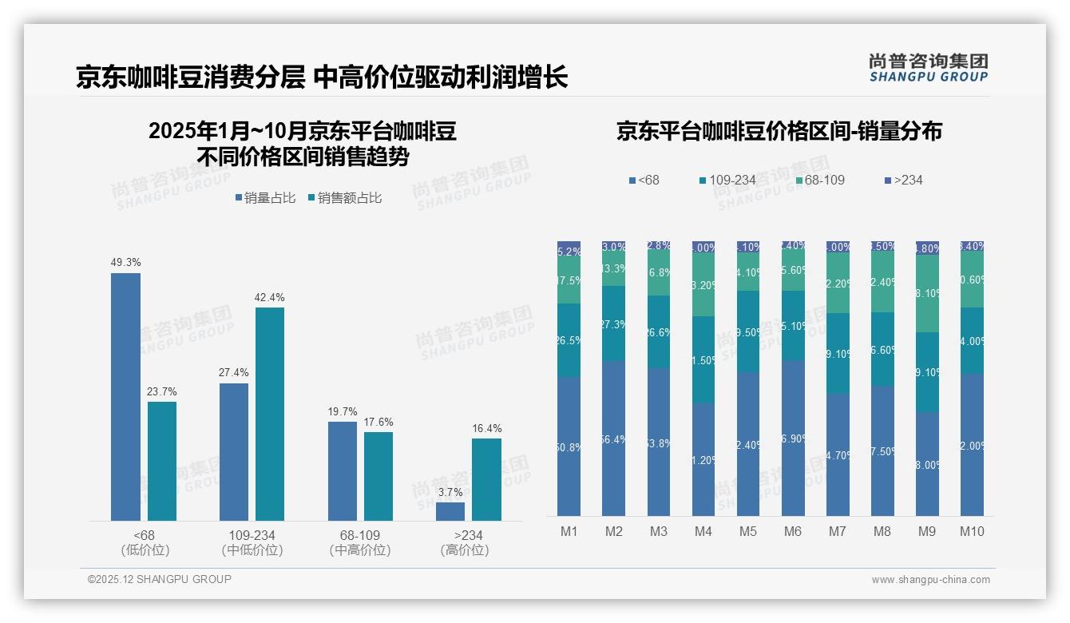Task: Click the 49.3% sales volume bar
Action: [125, 397]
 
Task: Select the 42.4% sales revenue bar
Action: [270, 414]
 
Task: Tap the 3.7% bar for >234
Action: [450, 511]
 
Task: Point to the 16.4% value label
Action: [486, 429]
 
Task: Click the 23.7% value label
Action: [162, 392]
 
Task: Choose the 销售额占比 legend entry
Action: [345, 198]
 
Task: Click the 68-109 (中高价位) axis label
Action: [359, 542]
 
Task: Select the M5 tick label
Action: [747, 532]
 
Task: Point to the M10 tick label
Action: [972, 532]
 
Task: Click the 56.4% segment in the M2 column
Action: [614, 438]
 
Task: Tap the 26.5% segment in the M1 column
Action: [569, 340]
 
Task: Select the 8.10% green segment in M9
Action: [927, 293]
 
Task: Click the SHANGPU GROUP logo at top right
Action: [928, 68]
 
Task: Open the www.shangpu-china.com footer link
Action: [930, 580]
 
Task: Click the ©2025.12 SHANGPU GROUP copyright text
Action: [159, 580]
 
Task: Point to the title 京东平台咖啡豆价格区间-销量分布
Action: [779, 132]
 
